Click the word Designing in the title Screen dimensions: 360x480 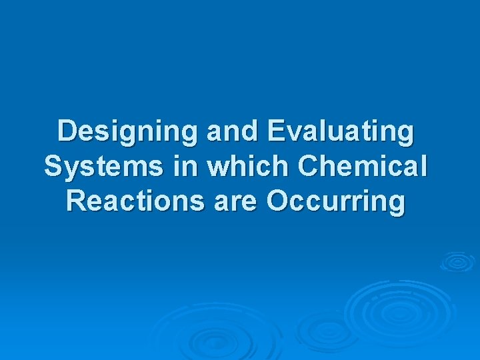128,131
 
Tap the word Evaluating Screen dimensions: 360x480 340,131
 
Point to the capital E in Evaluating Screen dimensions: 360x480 275,131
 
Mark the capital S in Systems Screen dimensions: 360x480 53,166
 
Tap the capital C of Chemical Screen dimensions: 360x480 307,166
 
